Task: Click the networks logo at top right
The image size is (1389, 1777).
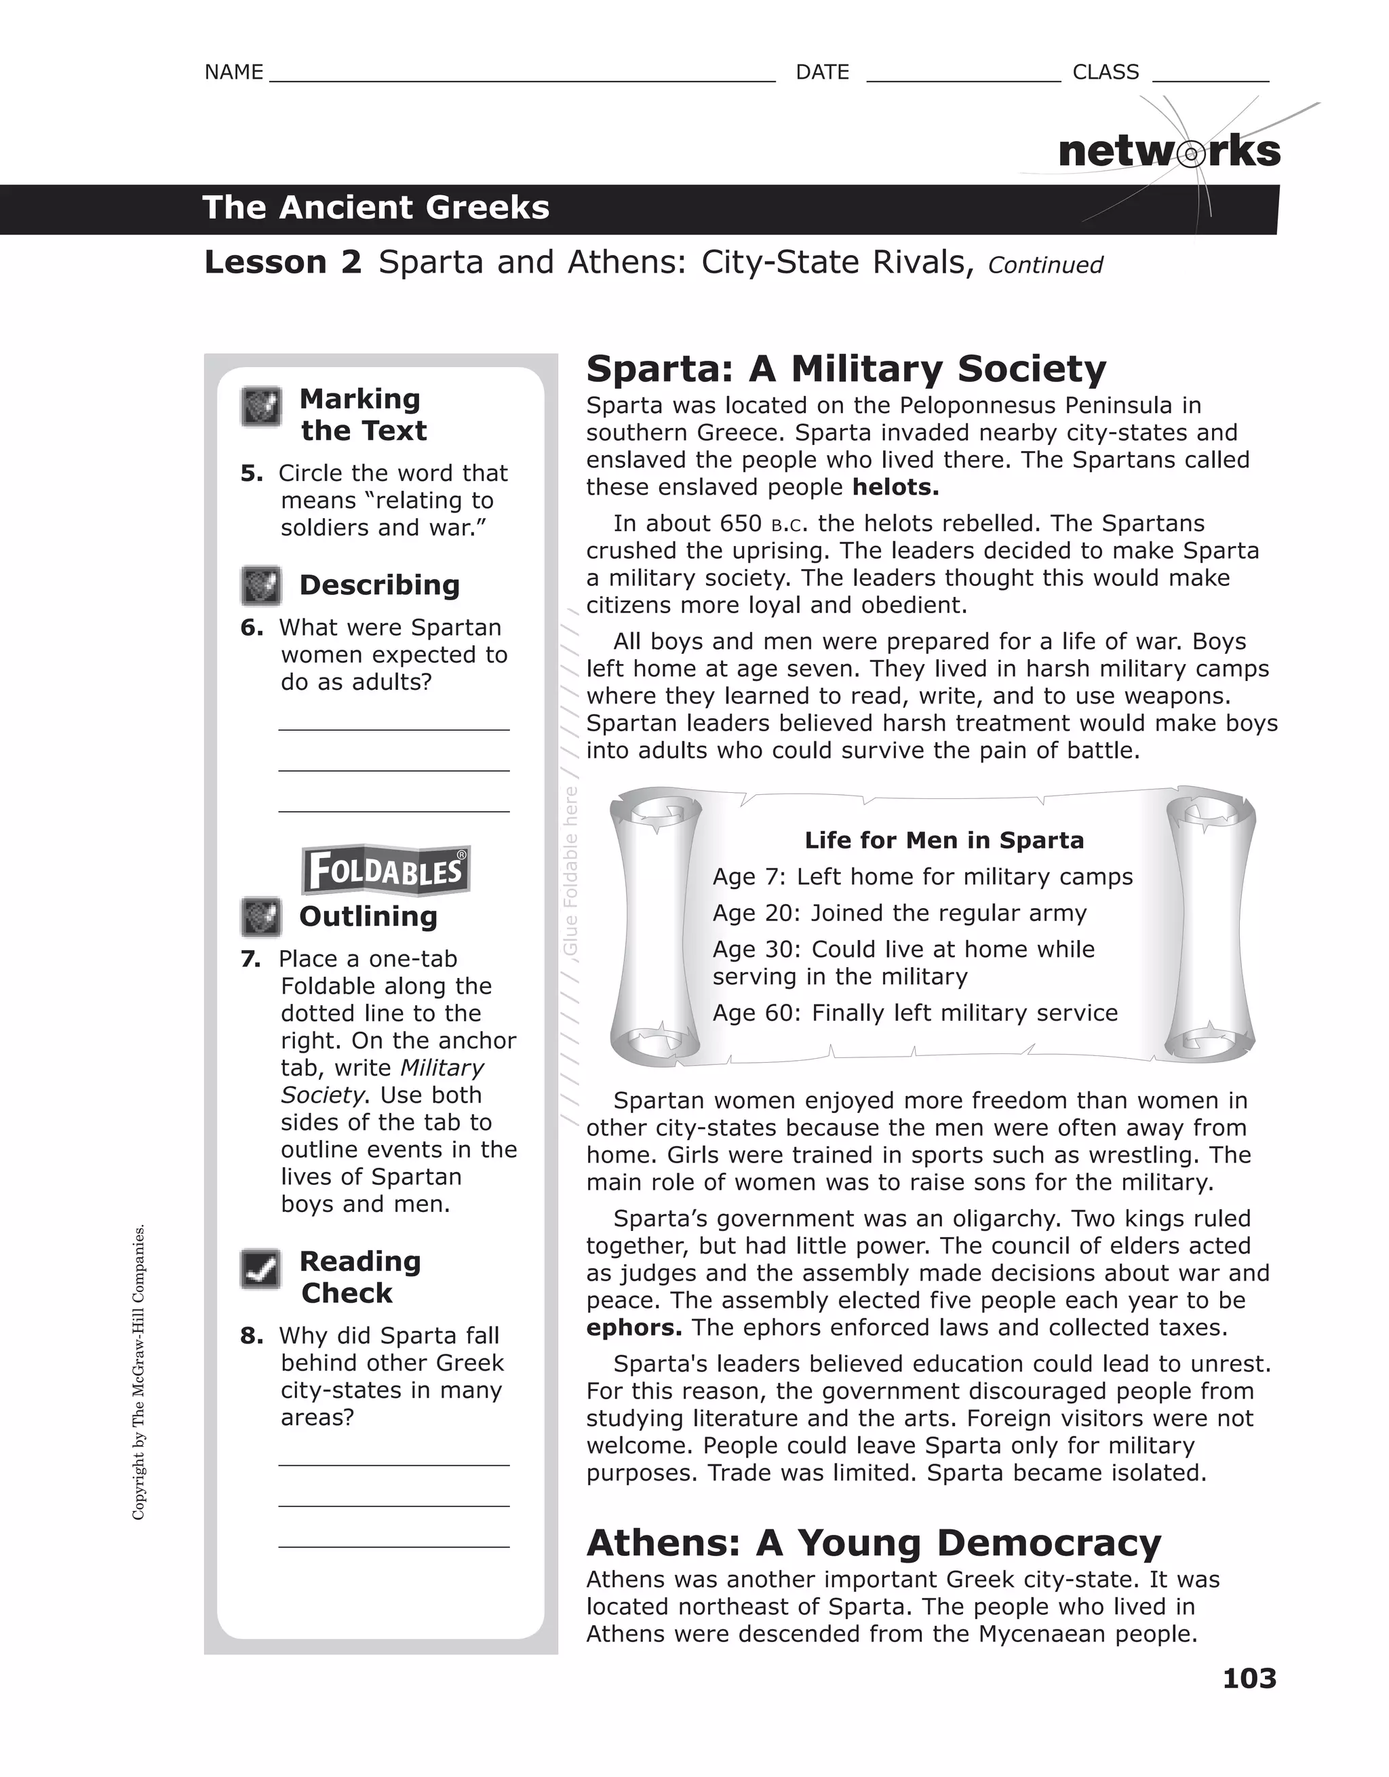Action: [x=1169, y=152]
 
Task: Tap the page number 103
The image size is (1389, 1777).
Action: [x=1249, y=1678]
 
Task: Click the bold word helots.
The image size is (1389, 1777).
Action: [x=895, y=488]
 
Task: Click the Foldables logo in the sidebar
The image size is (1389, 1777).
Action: [x=386, y=870]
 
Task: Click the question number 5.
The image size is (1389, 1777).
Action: [x=252, y=473]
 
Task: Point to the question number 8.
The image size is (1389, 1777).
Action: [x=252, y=1336]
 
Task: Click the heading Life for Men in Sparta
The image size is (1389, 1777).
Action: [x=944, y=840]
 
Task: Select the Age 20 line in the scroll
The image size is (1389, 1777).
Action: [x=899, y=913]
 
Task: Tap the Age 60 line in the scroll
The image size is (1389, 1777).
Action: [x=915, y=1013]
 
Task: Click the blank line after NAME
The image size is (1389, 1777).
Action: [x=521, y=78]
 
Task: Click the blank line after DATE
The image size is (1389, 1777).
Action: [x=964, y=78]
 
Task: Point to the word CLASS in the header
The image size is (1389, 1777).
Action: [x=1105, y=73]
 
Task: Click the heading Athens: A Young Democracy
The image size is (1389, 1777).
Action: [x=873, y=1544]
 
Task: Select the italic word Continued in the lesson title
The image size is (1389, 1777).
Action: [x=1044, y=265]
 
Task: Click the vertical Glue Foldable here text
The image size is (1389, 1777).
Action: [x=570, y=871]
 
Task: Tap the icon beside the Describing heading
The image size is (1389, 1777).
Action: [x=260, y=586]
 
